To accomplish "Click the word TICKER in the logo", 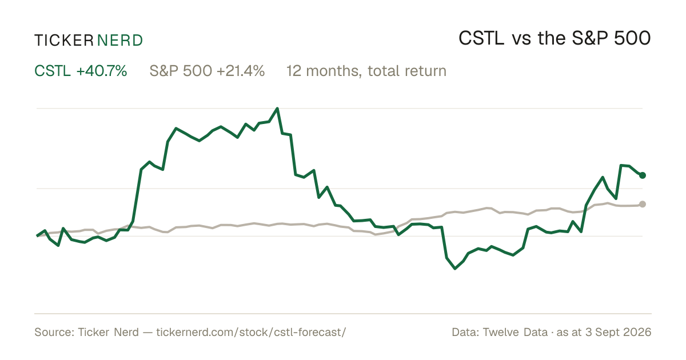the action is pyautogui.click(x=63, y=41).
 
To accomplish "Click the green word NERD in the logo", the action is pyautogui.click(x=119, y=41).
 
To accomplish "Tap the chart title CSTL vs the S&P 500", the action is pyautogui.click(x=555, y=38).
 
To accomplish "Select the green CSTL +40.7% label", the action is pyautogui.click(x=81, y=71).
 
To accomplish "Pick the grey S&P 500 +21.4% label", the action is pyautogui.click(x=207, y=71).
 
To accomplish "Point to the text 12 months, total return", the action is pyautogui.click(x=366, y=71).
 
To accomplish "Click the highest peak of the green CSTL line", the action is pyautogui.click(x=277, y=109).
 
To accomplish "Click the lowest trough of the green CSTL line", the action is pyautogui.click(x=455, y=269).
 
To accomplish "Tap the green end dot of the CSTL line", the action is pyautogui.click(x=643, y=175).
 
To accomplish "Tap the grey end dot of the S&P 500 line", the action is pyautogui.click(x=643, y=204).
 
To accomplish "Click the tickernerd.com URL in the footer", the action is pyautogui.click(x=251, y=332).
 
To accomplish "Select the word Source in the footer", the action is pyautogui.click(x=53, y=332).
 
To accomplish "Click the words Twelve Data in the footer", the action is pyautogui.click(x=516, y=332).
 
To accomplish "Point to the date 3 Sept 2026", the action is pyautogui.click(x=619, y=332).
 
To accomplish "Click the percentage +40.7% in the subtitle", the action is pyautogui.click(x=102, y=71).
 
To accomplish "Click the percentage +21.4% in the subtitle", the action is pyautogui.click(x=241, y=71).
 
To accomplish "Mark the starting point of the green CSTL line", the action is pyautogui.click(x=37, y=235).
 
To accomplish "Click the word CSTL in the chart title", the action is pyautogui.click(x=481, y=38).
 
